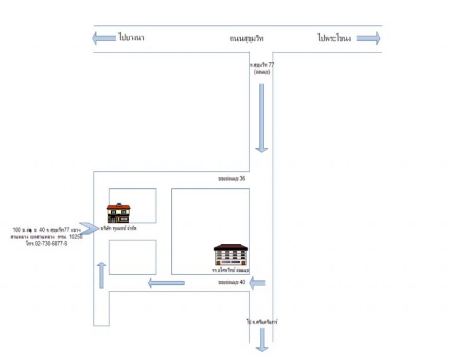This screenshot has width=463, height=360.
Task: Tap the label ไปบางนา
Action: point(131,38)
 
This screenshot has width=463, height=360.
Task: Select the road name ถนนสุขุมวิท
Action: point(247,38)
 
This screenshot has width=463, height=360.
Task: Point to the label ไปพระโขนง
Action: point(334,38)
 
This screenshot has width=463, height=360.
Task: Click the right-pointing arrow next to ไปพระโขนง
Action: point(368,38)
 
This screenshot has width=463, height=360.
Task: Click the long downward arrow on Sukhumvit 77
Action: point(262,118)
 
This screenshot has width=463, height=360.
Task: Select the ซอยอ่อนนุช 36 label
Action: point(232,178)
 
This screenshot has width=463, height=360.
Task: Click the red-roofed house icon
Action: point(119,212)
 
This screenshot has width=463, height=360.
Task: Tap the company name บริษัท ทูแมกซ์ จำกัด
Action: point(122,227)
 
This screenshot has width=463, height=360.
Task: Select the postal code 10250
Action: point(76,237)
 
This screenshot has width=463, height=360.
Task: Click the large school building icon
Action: point(231,254)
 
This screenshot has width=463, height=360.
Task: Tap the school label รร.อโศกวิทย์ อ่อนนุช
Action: point(230,269)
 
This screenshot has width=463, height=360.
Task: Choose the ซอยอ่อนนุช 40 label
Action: point(232,282)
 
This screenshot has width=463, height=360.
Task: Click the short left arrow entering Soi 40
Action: point(258,282)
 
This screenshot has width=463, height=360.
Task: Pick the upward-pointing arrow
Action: point(101,275)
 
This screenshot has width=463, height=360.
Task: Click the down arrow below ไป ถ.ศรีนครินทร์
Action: point(262,339)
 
